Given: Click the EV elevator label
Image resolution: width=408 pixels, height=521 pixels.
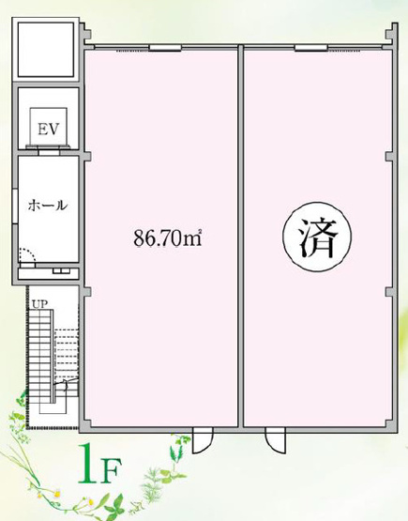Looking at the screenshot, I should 48,129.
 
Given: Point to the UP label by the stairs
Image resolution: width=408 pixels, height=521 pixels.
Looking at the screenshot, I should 40,304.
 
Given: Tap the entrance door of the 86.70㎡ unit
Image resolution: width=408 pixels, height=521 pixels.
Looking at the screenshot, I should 199,438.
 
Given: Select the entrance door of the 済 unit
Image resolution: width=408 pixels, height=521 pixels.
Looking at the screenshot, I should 274,438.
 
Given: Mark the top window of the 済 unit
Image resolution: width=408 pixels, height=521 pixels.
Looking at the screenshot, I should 310,49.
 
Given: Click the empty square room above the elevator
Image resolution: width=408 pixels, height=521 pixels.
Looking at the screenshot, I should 46,51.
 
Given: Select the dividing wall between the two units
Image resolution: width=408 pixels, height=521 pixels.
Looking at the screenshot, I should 240,235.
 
